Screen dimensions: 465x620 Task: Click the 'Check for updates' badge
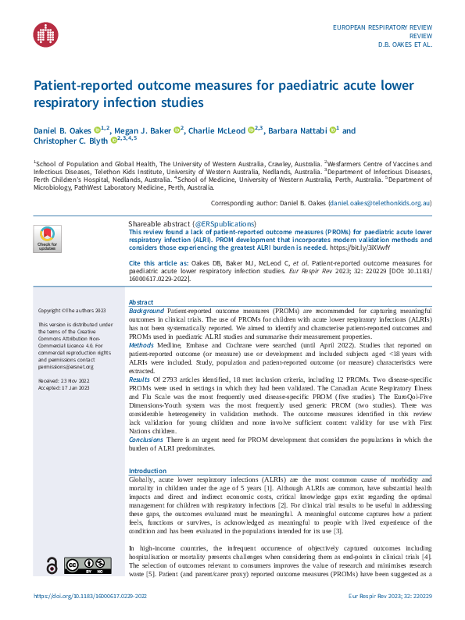(x=48, y=237)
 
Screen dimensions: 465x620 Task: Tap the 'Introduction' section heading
(x=148, y=471)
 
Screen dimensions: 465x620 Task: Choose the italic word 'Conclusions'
(x=146, y=440)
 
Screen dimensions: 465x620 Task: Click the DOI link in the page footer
(x=90, y=596)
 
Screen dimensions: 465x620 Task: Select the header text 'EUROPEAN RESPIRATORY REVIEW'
(x=382, y=27)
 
